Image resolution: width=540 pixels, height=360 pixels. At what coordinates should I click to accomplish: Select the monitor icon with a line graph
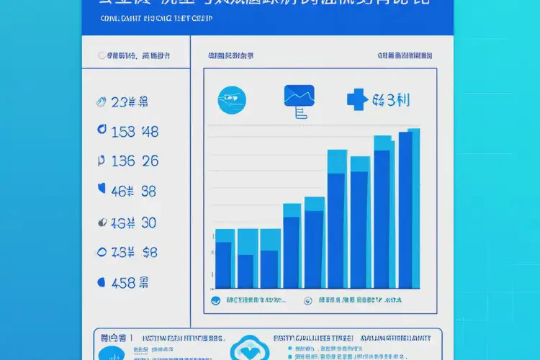pyautogui.click(x=300, y=99)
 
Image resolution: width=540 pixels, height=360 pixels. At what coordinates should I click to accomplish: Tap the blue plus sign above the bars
pyautogui.click(x=356, y=99)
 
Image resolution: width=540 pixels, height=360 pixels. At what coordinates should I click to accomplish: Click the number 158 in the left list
pyautogui.click(x=124, y=132)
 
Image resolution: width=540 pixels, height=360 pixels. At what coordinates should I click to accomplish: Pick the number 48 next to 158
pyautogui.click(x=150, y=132)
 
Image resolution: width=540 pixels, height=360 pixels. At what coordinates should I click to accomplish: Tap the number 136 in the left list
pyautogui.click(x=123, y=161)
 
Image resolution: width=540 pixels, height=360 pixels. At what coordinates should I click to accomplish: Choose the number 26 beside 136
pyautogui.click(x=150, y=161)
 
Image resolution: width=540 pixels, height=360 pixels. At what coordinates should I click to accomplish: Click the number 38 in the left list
pyautogui.click(x=148, y=192)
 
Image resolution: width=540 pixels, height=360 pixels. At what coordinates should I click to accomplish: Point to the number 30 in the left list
pyautogui.click(x=148, y=223)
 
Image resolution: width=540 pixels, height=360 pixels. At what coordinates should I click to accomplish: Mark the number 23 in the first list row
pyautogui.click(x=120, y=102)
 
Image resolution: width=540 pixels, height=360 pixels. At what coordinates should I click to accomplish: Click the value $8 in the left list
pyautogui.click(x=150, y=252)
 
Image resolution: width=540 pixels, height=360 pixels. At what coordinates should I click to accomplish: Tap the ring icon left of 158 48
pyautogui.click(x=101, y=131)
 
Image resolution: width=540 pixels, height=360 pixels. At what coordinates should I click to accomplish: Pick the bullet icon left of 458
pyautogui.click(x=101, y=283)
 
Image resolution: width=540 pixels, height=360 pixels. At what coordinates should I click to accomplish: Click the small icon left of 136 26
pyautogui.click(x=100, y=161)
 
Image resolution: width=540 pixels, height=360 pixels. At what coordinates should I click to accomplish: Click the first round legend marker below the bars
pyautogui.click(x=215, y=301)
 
